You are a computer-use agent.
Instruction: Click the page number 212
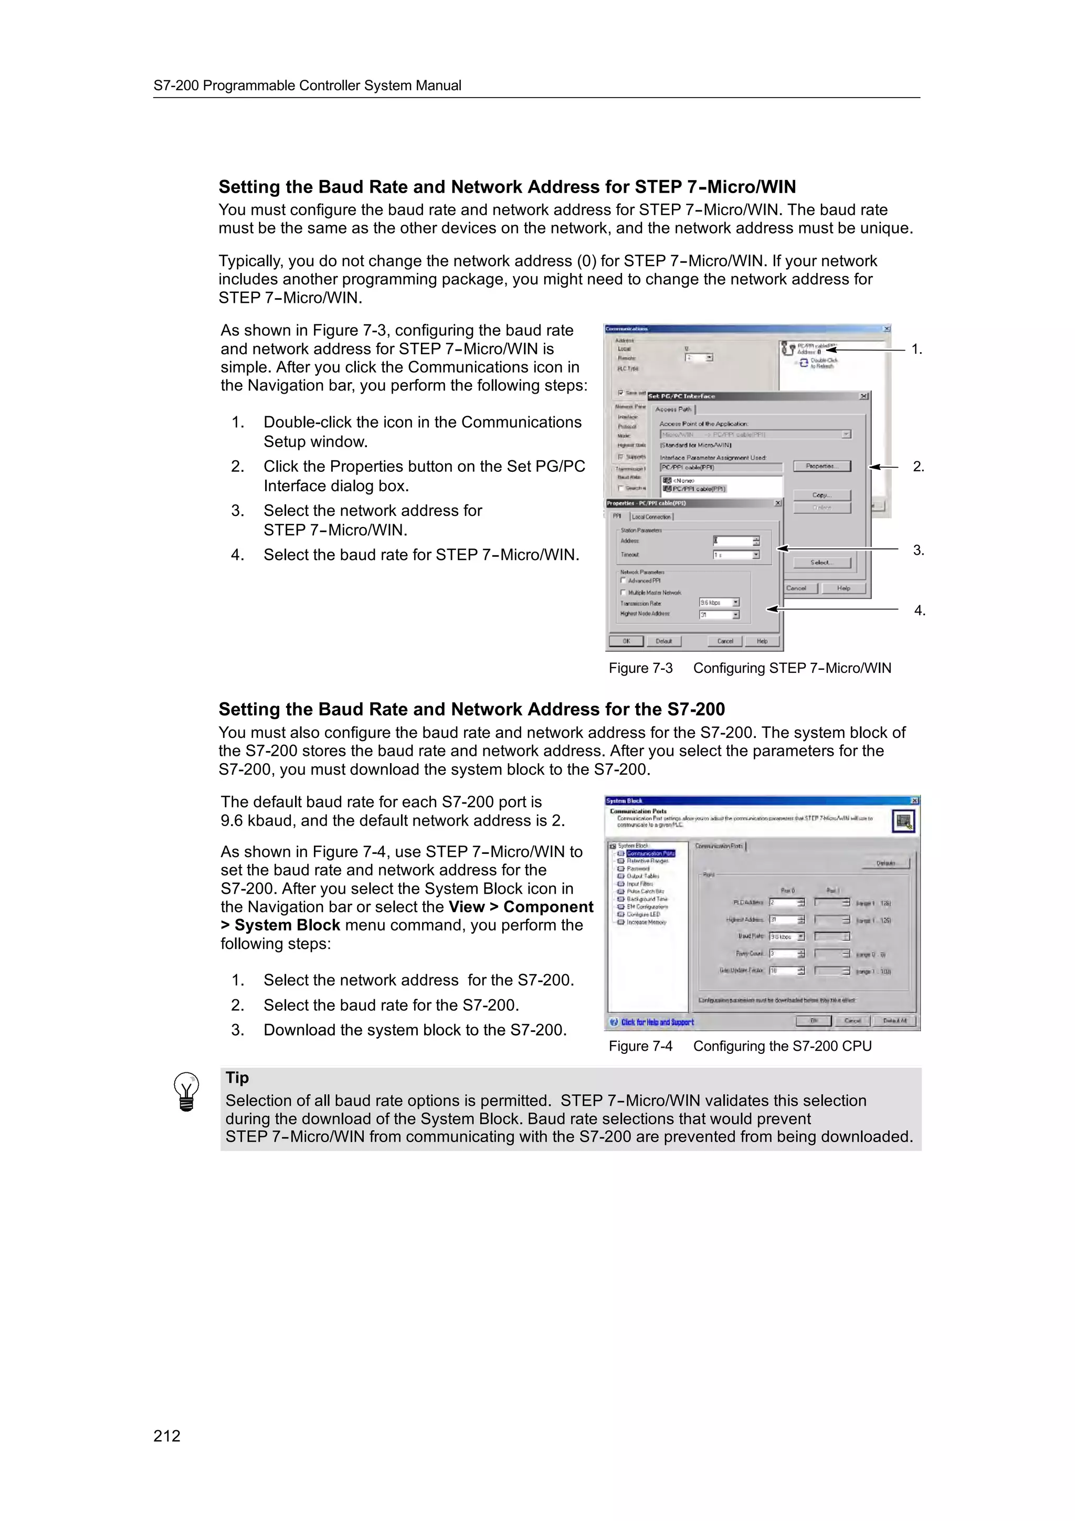(x=166, y=1435)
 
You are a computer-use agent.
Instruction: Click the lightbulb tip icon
(x=186, y=1092)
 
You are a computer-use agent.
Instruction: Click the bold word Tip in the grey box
(x=237, y=1078)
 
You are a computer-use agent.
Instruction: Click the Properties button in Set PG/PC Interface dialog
(x=821, y=467)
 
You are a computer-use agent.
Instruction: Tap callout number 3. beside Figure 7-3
(x=918, y=550)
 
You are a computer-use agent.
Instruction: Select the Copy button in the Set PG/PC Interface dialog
(x=821, y=495)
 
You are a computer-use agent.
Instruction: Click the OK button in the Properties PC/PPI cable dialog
(x=626, y=641)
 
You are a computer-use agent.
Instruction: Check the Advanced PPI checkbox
(x=623, y=580)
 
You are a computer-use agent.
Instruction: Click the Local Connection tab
(x=652, y=517)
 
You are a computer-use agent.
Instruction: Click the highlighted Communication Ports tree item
(x=650, y=853)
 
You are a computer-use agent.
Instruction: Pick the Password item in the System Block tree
(x=638, y=869)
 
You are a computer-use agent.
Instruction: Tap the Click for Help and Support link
(x=657, y=1022)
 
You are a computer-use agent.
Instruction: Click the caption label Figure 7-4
(x=640, y=1046)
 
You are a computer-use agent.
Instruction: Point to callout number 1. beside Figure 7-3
(x=916, y=349)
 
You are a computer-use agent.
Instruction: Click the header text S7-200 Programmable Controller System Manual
(x=308, y=86)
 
